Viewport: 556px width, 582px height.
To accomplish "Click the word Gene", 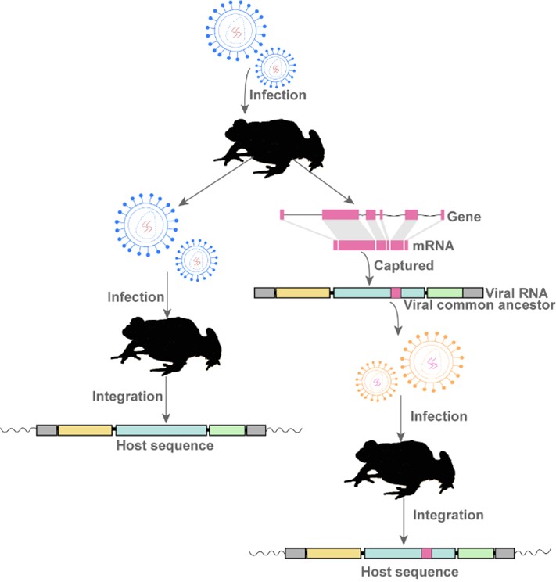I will coord(461,216).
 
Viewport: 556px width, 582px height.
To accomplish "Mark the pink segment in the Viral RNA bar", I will coord(396,293).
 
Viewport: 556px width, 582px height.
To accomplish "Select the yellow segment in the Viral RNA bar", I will coord(303,293).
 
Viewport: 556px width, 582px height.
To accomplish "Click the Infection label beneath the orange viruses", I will coord(438,415).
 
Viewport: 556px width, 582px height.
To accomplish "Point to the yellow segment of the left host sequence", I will coord(85,429).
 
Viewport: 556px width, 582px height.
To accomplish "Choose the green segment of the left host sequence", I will coord(228,429).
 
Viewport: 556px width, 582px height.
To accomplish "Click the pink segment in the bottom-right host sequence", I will coord(427,554).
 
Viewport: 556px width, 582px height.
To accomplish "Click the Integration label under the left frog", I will coord(127,396).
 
